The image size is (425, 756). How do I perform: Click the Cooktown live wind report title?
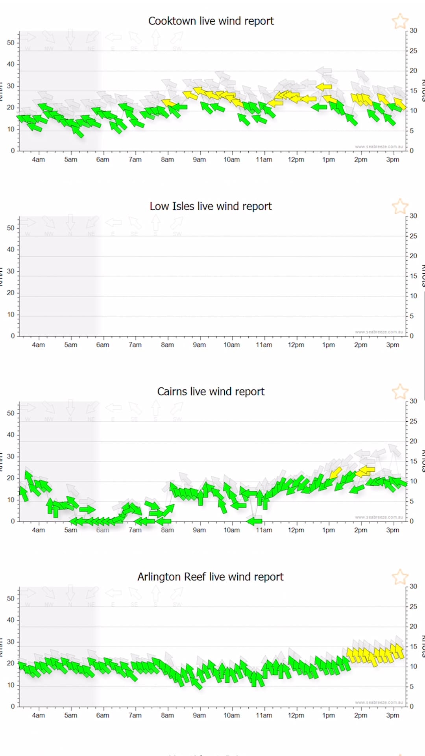211,21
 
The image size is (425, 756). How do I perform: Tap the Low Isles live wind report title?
211,206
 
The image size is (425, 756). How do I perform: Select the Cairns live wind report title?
211,391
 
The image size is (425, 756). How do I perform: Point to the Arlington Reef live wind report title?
211,577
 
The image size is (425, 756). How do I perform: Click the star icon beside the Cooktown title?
400,21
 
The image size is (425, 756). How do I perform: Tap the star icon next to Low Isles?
400,206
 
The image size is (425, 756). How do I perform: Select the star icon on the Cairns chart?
400,392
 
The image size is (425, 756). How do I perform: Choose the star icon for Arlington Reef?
400,577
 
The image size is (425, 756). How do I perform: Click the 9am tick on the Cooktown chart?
200,159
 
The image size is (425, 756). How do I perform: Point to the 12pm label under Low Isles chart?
296,345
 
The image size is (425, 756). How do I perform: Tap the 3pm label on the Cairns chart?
392,530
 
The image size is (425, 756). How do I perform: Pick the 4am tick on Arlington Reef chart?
38,715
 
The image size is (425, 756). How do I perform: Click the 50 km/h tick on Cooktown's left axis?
11,43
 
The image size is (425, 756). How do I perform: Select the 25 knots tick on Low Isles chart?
413,236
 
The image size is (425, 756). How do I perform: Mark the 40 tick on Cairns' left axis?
11,435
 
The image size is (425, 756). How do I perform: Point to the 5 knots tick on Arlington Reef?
412,686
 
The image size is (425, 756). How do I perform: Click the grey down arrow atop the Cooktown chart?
70,37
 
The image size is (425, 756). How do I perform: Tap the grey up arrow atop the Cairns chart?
156,408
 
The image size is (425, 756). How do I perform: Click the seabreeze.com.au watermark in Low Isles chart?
379,332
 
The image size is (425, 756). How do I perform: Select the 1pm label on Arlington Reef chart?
328,715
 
